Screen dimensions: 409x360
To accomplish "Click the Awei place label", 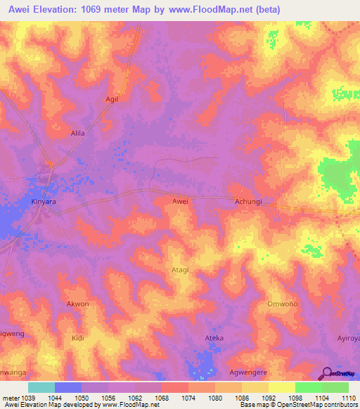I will (180, 201).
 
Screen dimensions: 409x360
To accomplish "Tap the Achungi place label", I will (247, 201).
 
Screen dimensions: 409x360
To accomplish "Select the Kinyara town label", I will (44, 201).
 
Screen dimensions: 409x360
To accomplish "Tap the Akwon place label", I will (77, 304).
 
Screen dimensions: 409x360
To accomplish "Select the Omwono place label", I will (281, 304).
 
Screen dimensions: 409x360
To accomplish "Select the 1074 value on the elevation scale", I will (188, 397).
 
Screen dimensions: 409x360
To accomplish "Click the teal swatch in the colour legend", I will (41, 387).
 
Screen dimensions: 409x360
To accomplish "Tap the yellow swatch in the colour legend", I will (281, 387).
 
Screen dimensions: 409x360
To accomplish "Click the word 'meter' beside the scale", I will (10, 397).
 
